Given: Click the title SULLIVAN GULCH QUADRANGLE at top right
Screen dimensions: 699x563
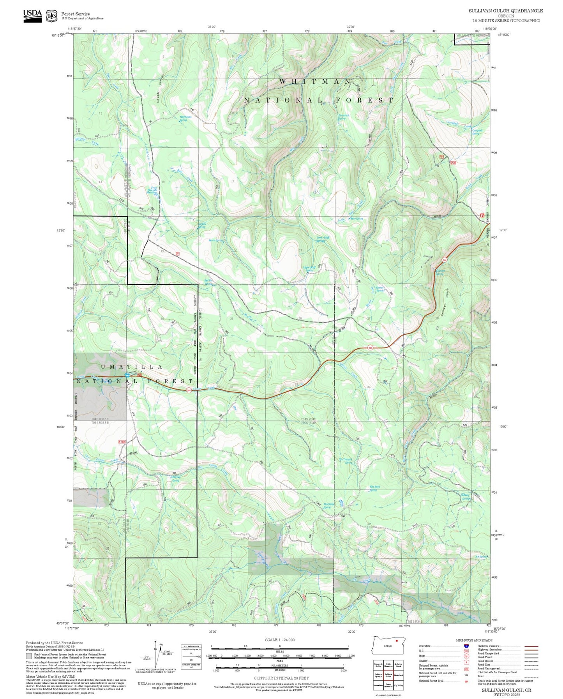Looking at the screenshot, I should point(506,11).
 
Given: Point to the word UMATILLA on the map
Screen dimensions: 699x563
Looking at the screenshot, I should point(132,367).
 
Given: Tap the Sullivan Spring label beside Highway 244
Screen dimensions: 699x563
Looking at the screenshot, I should point(440,272).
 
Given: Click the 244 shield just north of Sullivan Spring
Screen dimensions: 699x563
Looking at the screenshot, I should point(444,260).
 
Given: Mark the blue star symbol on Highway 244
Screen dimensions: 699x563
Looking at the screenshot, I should point(127,374).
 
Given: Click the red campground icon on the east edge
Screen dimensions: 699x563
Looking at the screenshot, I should point(482,215).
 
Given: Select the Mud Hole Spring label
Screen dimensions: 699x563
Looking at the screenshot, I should point(327,506).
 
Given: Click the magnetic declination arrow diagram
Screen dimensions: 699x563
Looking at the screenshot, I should point(156,656).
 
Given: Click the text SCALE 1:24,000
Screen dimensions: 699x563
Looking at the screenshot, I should point(280,640).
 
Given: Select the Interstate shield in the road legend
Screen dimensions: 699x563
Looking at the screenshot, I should point(466,646).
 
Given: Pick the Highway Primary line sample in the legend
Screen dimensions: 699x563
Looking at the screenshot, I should point(531,646).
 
